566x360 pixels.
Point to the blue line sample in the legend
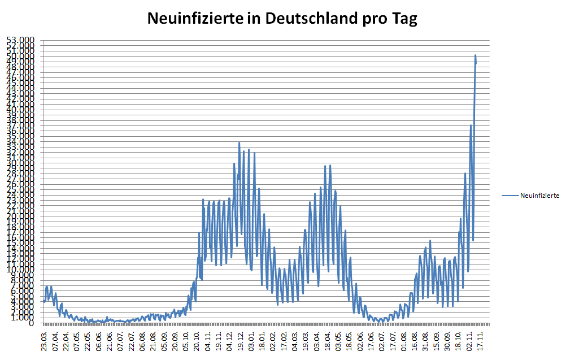pyautogui.click(x=510, y=196)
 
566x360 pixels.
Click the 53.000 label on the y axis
pyautogui.click(x=21, y=40)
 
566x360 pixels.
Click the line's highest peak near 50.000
pyautogui.click(x=476, y=55)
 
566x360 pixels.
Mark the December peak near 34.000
pyautogui.click(x=239, y=143)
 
